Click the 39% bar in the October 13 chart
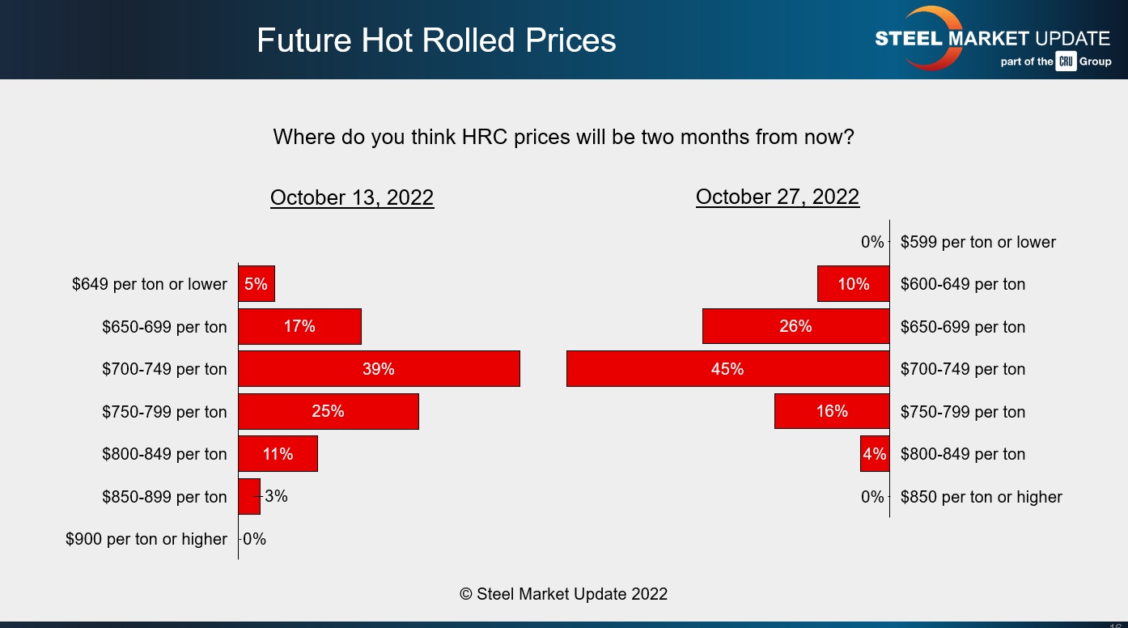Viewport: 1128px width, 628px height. pyautogui.click(x=379, y=369)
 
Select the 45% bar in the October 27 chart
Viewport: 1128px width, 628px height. pyautogui.click(x=727, y=369)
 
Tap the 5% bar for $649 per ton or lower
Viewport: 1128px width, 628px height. pyautogui.click(x=257, y=284)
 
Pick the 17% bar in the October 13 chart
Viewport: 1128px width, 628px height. pyautogui.click(x=299, y=327)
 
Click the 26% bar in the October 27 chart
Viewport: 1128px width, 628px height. pyautogui.click(x=795, y=327)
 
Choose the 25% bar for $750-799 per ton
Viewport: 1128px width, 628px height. pyautogui.click(x=329, y=412)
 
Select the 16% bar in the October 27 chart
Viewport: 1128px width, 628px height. pyautogui.click(x=832, y=412)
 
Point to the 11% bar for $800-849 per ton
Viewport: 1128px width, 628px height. pyautogui.click(x=278, y=454)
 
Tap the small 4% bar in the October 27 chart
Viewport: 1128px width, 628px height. pyautogui.click(x=875, y=454)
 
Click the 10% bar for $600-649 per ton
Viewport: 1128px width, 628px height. pyautogui.click(x=854, y=284)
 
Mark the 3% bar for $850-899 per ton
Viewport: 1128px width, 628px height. pyautogui.click(x=248, y=497)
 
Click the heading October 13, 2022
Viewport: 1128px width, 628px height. pyautogui.click(x=352, y=198)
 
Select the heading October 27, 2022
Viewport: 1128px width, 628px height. pyautogui.click(x=778, y=197)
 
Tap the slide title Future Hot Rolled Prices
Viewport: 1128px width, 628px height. pyautogui.click(x=436, y=40)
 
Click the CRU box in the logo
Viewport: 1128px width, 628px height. pyautogui.click(x=1066, y=62)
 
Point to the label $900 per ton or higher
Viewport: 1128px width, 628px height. pyautogui.click(x=146, y=539)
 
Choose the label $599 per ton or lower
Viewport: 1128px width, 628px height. pyautogui.click(x=978, y=242)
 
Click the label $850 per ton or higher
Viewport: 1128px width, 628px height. pyautogui.click(x=982, y=497)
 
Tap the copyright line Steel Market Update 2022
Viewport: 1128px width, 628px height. pyautogui.click(x=564, y=594)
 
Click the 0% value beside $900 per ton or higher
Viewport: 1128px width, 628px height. pyautogui.click(x=254, y=539)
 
